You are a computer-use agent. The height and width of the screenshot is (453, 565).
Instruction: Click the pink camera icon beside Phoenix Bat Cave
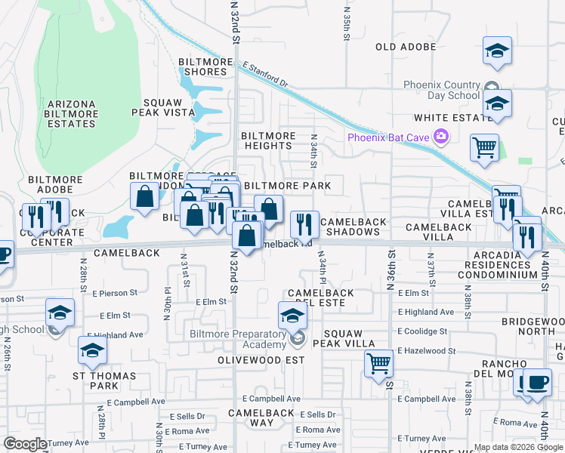440,137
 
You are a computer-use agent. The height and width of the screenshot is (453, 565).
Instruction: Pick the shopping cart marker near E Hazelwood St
378,364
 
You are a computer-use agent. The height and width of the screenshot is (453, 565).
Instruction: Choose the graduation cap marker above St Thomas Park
92,350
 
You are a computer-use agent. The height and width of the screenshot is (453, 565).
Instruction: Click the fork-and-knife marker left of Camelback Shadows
304,223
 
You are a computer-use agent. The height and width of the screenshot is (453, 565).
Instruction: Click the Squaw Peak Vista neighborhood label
163,107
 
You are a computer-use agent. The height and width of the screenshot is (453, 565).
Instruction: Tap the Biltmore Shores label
202,66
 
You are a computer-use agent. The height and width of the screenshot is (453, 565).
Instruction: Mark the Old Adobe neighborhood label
406,47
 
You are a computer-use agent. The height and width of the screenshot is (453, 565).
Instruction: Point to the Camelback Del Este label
316,297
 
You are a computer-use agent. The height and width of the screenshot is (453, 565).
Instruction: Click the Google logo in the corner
25,444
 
